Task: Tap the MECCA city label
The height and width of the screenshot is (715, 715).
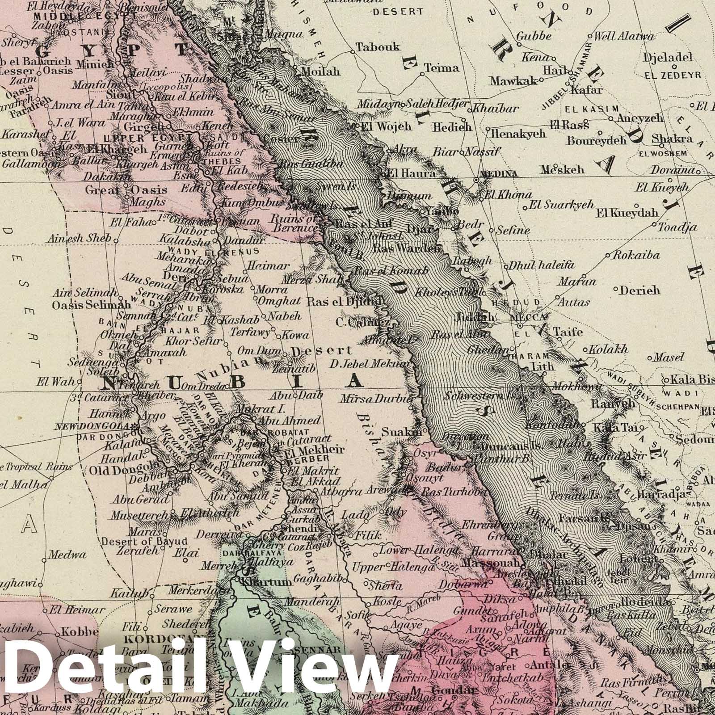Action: (529, 317)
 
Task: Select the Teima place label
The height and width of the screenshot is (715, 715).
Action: (442, 68)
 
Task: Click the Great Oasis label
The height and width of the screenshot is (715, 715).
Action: (126, 190)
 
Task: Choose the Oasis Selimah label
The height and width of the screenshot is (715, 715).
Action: (91, 305)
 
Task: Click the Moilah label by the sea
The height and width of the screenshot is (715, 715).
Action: (321, 71)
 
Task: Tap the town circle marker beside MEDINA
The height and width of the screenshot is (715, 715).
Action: (476, 180)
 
